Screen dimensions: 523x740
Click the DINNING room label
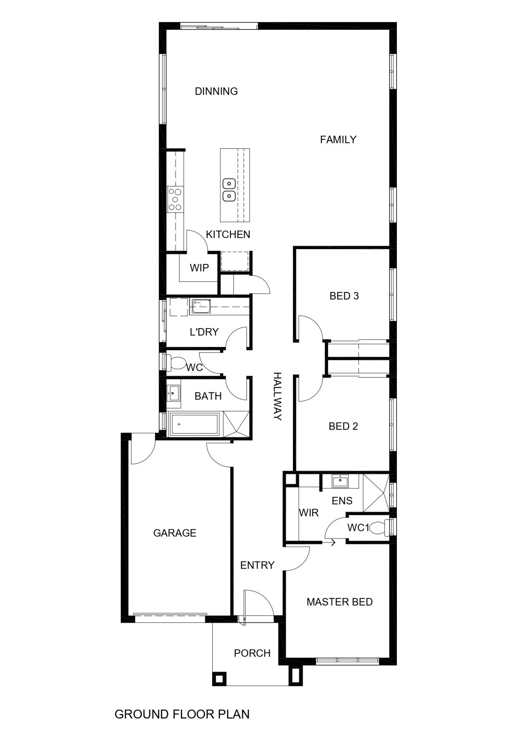pyautogui.click(x=216, y=91)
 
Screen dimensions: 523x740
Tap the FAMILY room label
pyautogui.click(x=338, y=140)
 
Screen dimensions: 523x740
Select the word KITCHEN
pyautogui.click(x=228, y=235)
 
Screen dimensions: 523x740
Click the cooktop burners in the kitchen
pyautogui.click(x=175, y=199)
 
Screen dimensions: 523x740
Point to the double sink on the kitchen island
pyautogui.click(x=229, y=190)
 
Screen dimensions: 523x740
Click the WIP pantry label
pyautogui.click(x=199, y=267)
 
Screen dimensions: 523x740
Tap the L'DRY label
pyautogui.click(x=204, y=331)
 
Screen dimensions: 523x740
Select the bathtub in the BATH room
pyautogui.click(x=193, y=424)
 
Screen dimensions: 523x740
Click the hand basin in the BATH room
pyautogui.click(x=173, y=394)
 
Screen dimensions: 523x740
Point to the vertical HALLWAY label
pyautogui.click(x=278, y=396)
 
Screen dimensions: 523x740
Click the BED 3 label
pyautogui.click(x=344, y=296)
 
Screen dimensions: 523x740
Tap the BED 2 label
pyautogui.click(x=343, y=426)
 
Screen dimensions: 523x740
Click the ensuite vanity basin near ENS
pyautogui.click(x=340, y=481)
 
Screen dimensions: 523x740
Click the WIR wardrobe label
pyautogui.click(x=309, y=513)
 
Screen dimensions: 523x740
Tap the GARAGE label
pyautogui.click(x=175, y=533)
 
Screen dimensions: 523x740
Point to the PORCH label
pyautogui.click(x=252, y=653)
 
